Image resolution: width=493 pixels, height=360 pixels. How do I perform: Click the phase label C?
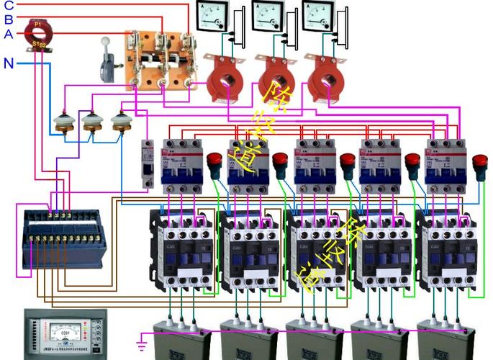click(9, 5)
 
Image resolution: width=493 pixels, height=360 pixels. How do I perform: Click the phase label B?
click(9, 19)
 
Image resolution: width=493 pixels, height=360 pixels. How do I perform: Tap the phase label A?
click(9, 33)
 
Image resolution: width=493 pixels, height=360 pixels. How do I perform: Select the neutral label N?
click(9, 63)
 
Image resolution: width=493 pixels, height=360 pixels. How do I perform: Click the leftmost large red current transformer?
click(227, 80)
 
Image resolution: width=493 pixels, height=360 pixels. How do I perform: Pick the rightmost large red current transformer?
click(325, 80)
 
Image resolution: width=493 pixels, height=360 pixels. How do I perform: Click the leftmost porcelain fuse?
click(63, 124)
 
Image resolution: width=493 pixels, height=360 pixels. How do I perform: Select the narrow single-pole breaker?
click(148, 163)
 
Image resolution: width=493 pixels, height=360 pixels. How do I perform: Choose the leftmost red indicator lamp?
click(214, 163)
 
